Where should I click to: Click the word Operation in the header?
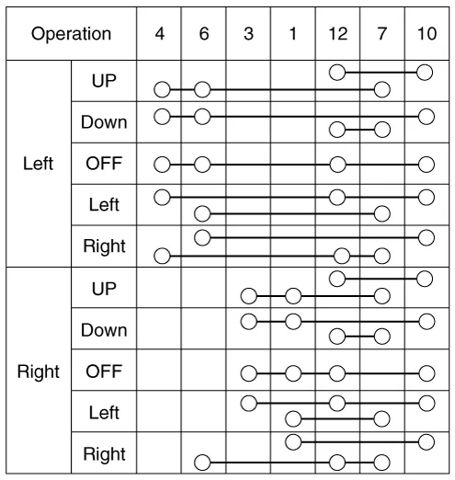click(x=71, y=34)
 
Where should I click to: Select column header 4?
click(x=160, y=34)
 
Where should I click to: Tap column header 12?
click(x=338, y=34)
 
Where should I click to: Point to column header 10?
click(x=427, y=34)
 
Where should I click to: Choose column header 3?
click(x=248, y=34)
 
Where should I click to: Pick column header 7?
click(x=382, y=34)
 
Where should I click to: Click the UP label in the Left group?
click(x=104, y=81)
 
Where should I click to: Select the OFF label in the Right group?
click(x=104, y=371)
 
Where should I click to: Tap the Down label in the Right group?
click(x=104, y=330)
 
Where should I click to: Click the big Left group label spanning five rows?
click(x=39, y=164)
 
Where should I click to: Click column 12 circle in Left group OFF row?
click(x=337, y=165)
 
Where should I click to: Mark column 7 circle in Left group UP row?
click(x=382, y=90)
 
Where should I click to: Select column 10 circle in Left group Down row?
click(x=427, y=117)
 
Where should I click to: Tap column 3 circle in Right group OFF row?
click(x=249, y=373)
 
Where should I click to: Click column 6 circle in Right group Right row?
click(x=202, y=463)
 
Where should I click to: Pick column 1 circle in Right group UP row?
click(x=293, y=296)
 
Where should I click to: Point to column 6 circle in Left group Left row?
click(x=202, y=213)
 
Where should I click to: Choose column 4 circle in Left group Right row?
click(x=162, y=256)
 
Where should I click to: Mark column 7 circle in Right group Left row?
click(x=382, y=419)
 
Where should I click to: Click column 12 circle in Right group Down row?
click(x=337, y=337)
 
